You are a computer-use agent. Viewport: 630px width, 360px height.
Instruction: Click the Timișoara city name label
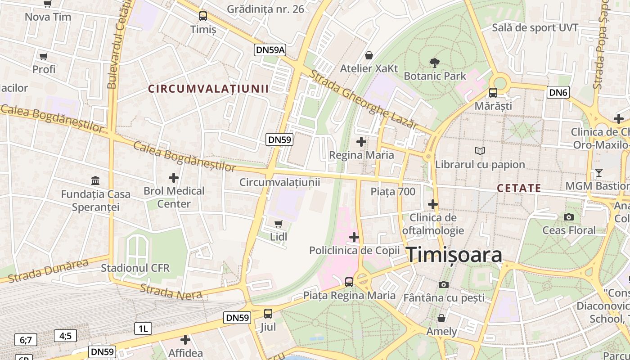(454, 255)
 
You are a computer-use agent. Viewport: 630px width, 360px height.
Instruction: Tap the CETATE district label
(519, 188)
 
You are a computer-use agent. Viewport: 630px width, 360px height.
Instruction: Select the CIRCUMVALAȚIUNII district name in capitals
(208, 89)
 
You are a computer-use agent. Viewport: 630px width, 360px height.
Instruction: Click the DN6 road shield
(558, 93)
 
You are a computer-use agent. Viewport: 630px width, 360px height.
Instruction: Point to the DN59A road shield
(270, 50)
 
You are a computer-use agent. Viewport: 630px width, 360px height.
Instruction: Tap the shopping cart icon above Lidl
(279, 224)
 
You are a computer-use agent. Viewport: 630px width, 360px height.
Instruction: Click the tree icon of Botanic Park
(435, 63)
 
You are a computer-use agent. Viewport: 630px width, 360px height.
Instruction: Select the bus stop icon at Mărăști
(493, 93)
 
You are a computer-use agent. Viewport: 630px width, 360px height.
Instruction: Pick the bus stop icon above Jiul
(268, 314)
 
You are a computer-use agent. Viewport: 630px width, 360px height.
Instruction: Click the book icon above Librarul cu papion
(480, 151)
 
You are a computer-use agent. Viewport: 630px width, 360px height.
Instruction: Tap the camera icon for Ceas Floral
(569, 217)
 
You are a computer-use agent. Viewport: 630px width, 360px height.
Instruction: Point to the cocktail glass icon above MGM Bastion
(598, 173)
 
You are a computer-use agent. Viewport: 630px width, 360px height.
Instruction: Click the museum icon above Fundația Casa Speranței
(95, 181)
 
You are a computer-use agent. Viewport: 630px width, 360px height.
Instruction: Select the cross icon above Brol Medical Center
(174, 177)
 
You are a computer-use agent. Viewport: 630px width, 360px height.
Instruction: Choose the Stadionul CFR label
(135, 268)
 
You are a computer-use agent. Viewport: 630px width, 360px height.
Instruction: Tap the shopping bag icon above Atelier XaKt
(369, 55)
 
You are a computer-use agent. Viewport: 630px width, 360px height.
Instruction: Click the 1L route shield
(143, 328)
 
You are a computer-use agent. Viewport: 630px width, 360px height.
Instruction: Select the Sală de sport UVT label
(535, 27)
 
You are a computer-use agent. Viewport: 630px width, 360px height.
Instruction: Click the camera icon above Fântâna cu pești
(444, 284)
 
